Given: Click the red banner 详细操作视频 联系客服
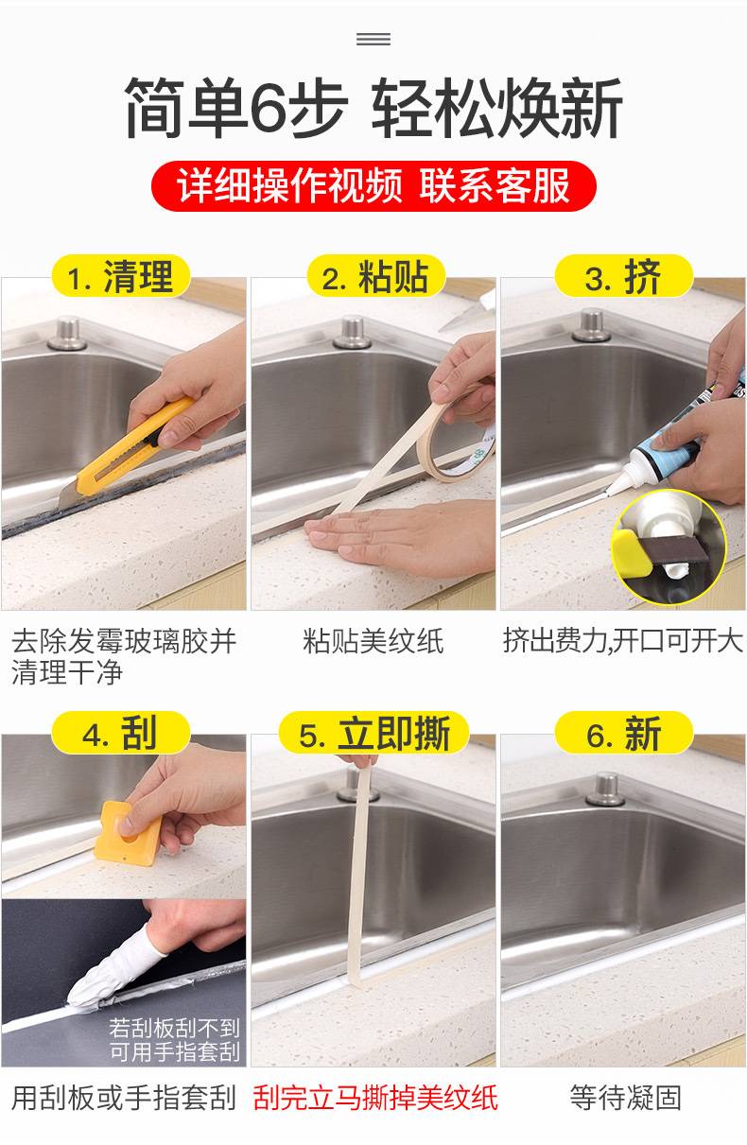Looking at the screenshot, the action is click(373, 185).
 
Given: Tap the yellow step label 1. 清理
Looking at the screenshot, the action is click(121, 276).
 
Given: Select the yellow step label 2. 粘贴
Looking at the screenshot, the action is click(375, 276).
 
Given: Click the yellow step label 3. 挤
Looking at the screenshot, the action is click(624, 276).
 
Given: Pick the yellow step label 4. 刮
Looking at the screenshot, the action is click(121, 733).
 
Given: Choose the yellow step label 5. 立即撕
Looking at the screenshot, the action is click(373, 733).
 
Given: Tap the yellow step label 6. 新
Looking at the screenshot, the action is click(624, 733).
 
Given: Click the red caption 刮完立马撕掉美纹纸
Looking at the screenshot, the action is click(374, 1098).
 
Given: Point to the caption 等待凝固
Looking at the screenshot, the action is click(625, 1098).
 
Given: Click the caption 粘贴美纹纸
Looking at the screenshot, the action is click(373, 641).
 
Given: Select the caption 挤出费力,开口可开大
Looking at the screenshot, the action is click(623, 641).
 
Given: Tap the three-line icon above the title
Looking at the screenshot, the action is click(373, 39).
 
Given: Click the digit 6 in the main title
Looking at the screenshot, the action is click(268, 110).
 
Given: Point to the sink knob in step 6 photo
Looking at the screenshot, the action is click(606, 789).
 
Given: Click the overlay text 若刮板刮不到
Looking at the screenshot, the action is click(174, 1028).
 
